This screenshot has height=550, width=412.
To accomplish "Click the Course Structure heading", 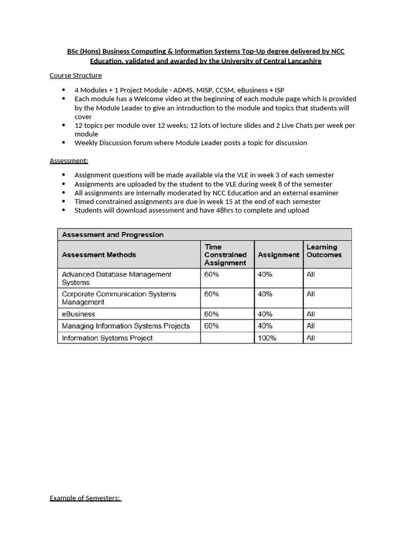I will [76, 76].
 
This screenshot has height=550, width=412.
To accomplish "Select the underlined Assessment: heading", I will [69, 161].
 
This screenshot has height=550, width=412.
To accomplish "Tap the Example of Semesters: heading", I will [85, 498].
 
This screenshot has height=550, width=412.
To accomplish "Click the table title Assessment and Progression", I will [113, 235].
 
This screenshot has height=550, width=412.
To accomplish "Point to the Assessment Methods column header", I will [99, 255].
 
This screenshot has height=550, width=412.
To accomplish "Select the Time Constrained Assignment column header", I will [225, 255].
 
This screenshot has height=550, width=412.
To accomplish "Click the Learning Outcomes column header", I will [323, 251].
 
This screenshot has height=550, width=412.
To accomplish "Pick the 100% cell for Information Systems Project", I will [267, 338].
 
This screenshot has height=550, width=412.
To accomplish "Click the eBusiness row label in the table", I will [78, 314].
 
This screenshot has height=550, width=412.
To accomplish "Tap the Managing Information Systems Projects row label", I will [126, 326].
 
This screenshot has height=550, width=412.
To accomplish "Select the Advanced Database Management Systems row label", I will [116, 278].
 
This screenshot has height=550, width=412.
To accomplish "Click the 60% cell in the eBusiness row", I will [211, 314].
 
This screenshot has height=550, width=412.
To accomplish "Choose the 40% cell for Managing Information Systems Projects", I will [265, 326].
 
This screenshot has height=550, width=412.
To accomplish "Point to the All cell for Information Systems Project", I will [311, 338].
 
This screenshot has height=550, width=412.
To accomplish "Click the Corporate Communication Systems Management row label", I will [119, 298].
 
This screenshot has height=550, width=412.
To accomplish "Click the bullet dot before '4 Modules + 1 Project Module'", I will [64, 90].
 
